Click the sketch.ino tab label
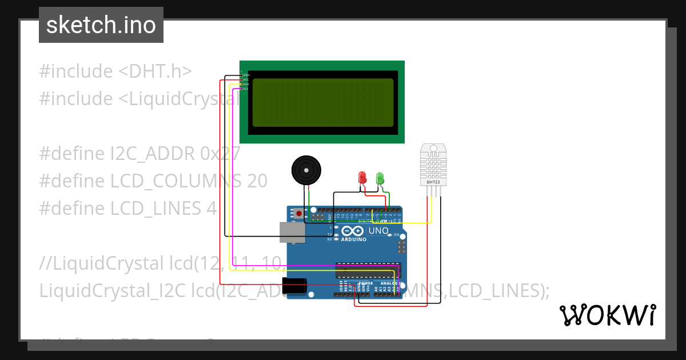tap(101, 25)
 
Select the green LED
tap(380, 178)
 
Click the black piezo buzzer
tap(306, 170)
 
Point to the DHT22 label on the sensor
tap(433, 182)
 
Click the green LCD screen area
tap(322, 102)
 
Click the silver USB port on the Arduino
tap(291, 233)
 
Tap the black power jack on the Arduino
tap(295, 286)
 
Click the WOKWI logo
tap(607, 315)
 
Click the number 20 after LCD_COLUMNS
tap(257, 181)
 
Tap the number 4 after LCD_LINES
tap(212, 209)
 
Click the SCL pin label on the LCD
tap(245, 89)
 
